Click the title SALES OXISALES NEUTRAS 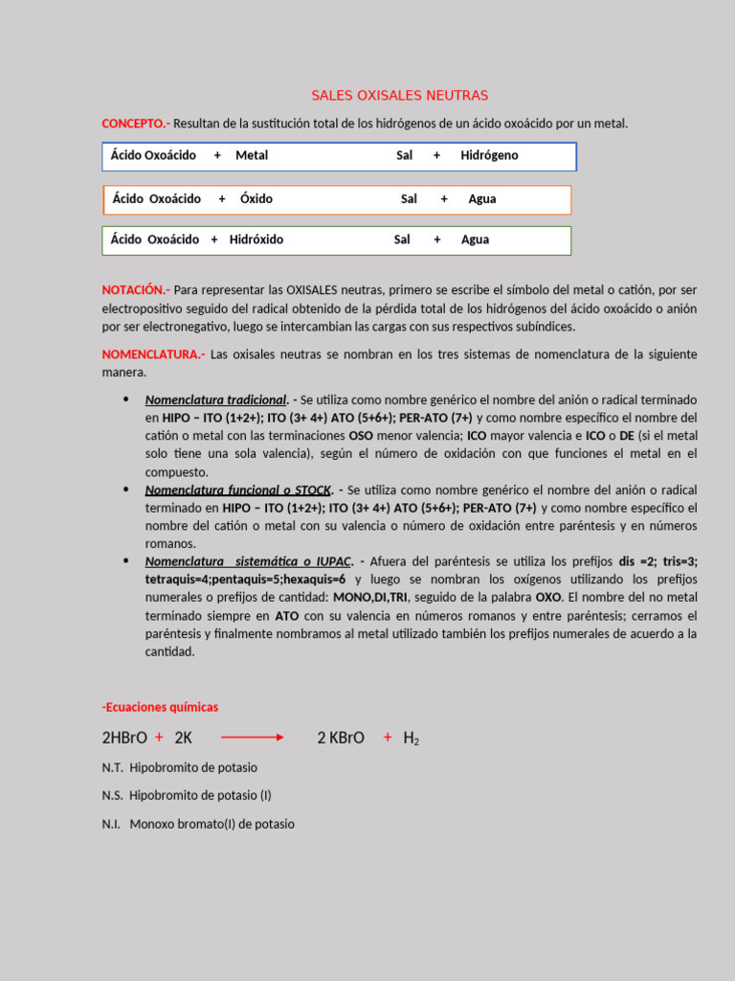tap(399, 96)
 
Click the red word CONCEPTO tap(135, 125)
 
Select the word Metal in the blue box tap(252, 155)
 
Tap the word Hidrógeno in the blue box tap(489, 155)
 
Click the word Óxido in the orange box tap(256, 199)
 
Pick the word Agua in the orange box tap(482, 199)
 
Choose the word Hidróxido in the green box tap(256, 240)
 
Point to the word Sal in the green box tap(402, 240)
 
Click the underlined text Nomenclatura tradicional tap(216, 399)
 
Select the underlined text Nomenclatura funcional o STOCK tap(238, 490)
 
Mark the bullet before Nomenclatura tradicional tap(125, 399)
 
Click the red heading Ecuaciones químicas tap(160, 707)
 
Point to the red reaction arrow tap(253, 738)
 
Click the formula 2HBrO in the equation tap(124, 738)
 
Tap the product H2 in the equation tap(412, 739)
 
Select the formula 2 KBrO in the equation tap(341, 738)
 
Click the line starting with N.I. tap(198, 824)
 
